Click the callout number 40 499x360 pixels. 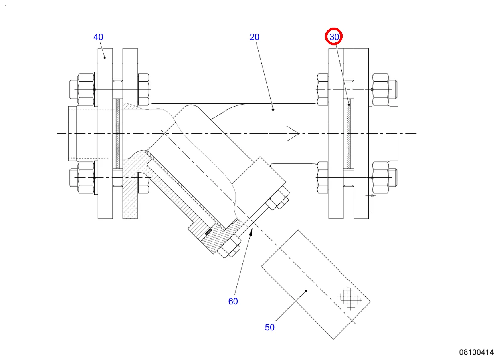[x=98, y=37]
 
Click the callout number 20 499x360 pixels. [x=255, y=37]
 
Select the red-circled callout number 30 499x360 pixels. [x=334, y=37]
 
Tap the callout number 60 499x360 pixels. [x=233, y=302]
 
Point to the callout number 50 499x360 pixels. [x=270, y=327]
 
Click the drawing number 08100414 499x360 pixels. [x=476, y=352]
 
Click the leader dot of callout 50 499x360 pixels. [x=306, y=290]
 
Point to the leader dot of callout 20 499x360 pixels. [x=273, y=109]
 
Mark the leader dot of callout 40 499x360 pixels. [x=105, y=58]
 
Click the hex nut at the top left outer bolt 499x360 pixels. [x=84, y=89]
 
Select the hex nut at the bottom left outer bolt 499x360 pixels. [x=84, y=178]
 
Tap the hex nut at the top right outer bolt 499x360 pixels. [x=380, y=89]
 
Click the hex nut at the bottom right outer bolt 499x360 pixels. [x=380, y=178]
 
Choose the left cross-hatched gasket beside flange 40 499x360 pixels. [x=118, y=133]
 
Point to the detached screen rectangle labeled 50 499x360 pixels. [x=315, y=285]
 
